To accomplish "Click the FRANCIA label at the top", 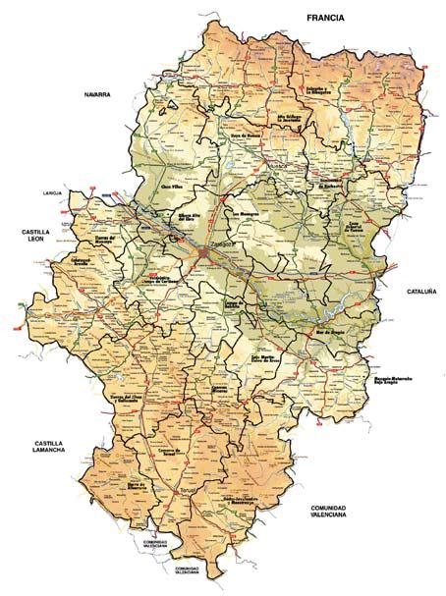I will (330, 19).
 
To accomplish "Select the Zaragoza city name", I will (218, 247).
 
